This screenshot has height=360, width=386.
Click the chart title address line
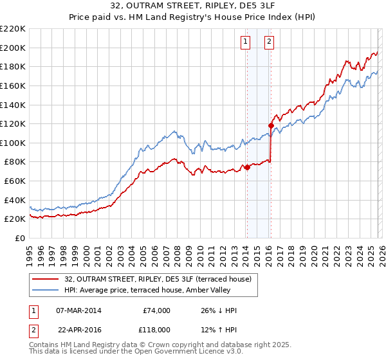point(193,7)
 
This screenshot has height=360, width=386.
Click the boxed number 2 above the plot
point(269,42)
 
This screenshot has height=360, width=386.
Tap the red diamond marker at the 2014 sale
point(247,167)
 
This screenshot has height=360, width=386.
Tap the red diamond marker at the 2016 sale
point(271,125)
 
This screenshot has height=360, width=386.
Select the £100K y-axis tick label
point(13,143)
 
